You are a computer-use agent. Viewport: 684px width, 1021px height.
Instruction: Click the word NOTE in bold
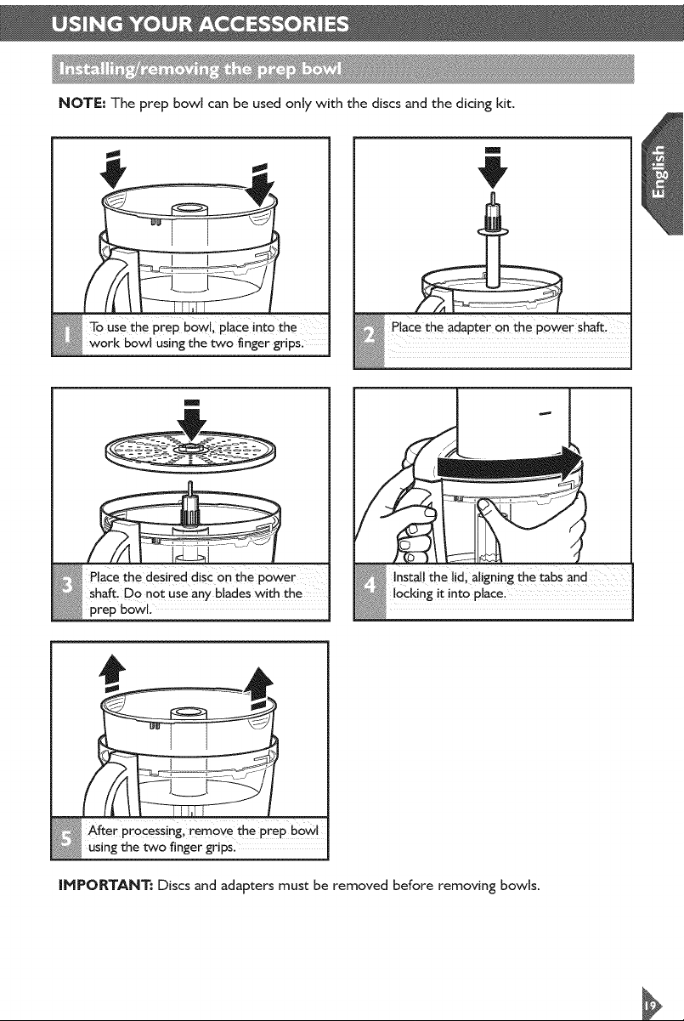(82, 104)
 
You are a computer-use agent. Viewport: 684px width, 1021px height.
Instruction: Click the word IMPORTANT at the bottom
(105, 886)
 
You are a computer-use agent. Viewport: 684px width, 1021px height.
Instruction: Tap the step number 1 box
(66, 336)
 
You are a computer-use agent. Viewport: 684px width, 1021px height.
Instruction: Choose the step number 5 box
(66, 837)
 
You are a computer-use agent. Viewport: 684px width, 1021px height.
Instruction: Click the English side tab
(661, 173)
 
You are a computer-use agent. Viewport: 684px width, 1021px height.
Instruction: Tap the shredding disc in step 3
(191, 452)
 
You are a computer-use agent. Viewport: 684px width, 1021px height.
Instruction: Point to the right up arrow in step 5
(259, 688)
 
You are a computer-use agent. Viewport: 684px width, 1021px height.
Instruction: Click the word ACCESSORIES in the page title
(274, 25)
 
